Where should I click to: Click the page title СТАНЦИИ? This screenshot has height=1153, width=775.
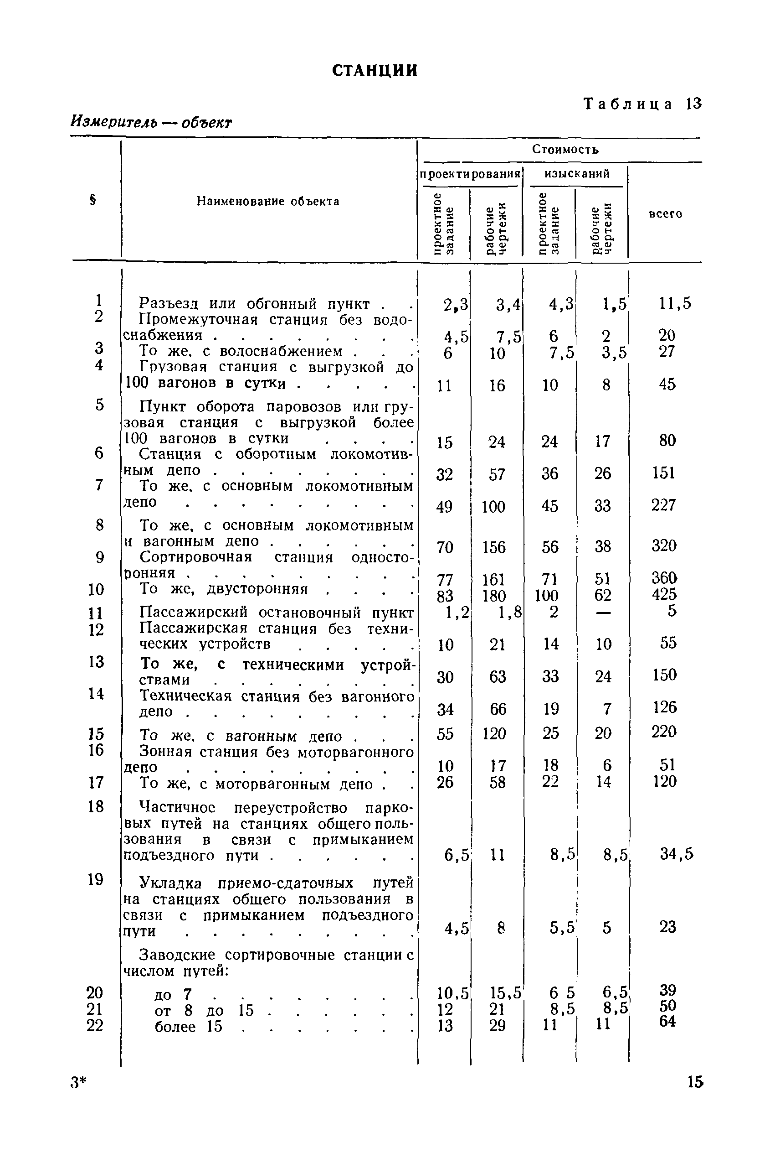pyautogui.click(x=375, y=71)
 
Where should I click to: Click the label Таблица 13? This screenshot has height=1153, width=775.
pyautogui.click(x=642, y=104)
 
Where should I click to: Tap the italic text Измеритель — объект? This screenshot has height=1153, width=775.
pyautogui.click(x=151, y=121)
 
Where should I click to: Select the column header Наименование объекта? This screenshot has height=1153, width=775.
pyautogui.click(x=268, y=201)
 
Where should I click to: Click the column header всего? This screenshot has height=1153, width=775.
pyautogui.click(x=665, y=214)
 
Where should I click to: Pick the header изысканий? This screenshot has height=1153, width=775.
pyautogui.click(x=577, y=174)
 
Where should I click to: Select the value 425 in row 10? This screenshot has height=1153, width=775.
pyautogui.click(x=664, y=595)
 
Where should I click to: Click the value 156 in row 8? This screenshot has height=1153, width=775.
pyautogui.click(x=494, y=547)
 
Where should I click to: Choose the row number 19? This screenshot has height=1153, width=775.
pyautogui.click(x=95, y=879)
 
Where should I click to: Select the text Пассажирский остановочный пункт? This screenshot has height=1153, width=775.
pyautogui.click(x=276, y=613)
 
